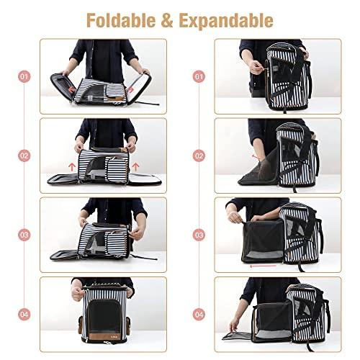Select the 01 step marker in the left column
pyautogui.click(x=25, y=76)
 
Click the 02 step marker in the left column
pyautogui.click(x=25, y=154)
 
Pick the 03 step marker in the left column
pyautogui.click(x=25, y=234)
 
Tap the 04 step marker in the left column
pyautogui.click(x=25, y=314)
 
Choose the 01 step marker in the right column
pyautogui.click(x=200, y=76)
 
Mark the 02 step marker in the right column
pyautogui.click(x=200, y=154)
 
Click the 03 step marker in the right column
pyautogui.click(x=200, y=234)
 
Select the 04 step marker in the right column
pyautogui.click(x=200, y=314)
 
